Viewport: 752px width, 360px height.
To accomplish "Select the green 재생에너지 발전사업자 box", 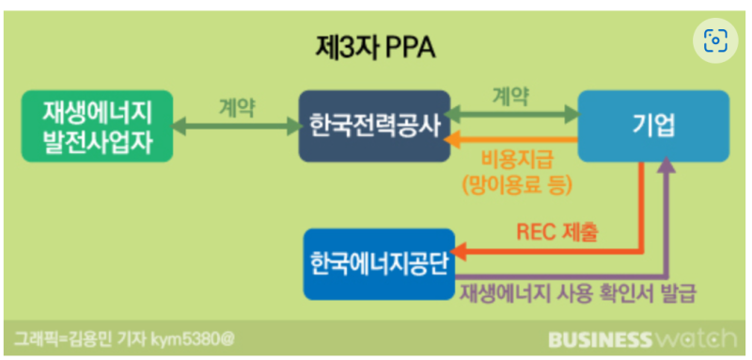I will pos(95,126).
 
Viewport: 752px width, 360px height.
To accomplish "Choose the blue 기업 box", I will pos(653,126).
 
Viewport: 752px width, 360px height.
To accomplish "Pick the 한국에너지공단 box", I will pos(379,264).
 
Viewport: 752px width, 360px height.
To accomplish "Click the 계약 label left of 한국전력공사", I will pos(237,105).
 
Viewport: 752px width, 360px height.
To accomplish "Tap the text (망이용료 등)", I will pos(516,185).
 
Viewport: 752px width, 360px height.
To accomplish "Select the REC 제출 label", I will pos(556,231).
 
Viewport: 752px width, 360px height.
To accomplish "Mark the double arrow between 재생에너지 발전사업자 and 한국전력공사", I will pos(237,126).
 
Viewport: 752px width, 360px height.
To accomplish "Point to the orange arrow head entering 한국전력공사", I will pos(450,140).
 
